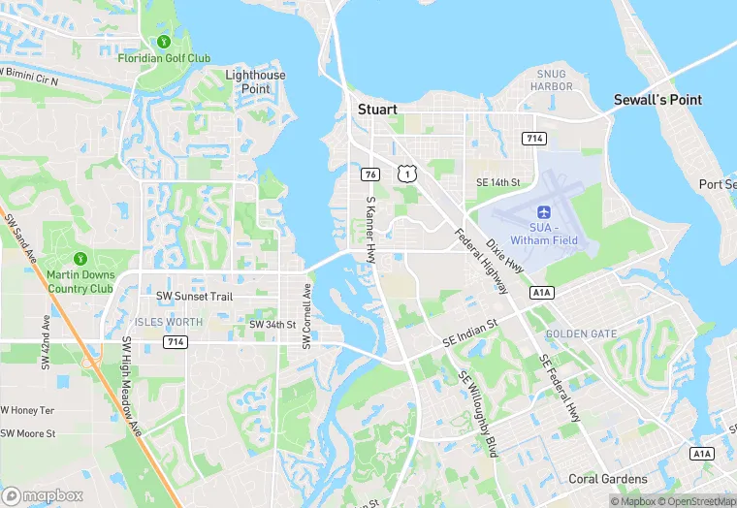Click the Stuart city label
tap(377, 110)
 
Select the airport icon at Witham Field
tap(544, 210)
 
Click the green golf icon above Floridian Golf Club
tap(163, 42)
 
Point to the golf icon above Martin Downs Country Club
tap(80, 259)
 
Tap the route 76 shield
tap(370, 174)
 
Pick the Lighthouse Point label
tap(255, 81)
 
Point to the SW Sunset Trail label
tap(195, 296)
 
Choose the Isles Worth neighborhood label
tap(170, 322)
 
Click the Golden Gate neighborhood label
tap(581, 333)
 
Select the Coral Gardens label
tap(607, 479)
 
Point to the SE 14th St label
tap(497, 182)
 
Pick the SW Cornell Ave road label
tap(306, 315)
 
